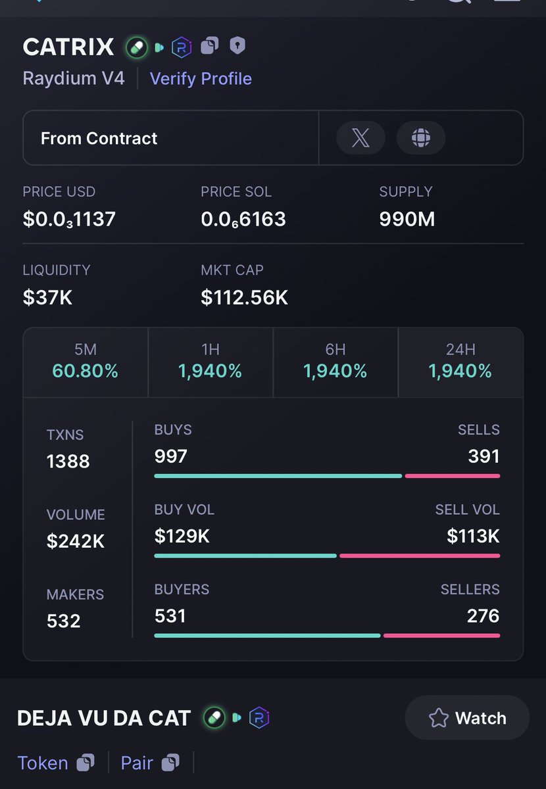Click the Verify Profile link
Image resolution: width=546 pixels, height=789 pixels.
tap(201, 79)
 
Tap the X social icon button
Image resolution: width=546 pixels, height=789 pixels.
tap(360, 138)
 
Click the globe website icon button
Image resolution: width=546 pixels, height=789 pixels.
tap(421, 138)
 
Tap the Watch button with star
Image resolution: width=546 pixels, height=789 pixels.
tap(467, 718)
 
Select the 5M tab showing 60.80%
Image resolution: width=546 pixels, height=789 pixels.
tap(86, 362)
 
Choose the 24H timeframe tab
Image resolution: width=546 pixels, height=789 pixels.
tap(460, 362)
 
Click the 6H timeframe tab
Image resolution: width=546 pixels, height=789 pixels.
tap(335, 362)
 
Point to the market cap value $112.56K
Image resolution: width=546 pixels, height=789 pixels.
tap(244, 297)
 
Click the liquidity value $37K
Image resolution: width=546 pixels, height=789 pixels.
tap(47, 297)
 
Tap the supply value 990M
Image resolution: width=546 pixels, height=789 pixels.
tap(407, 219)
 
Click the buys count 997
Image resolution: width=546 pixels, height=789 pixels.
tap(171, 456)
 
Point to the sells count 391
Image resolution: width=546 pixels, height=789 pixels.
tap(484, 456)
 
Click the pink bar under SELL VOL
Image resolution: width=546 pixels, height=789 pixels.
tap(420, 556)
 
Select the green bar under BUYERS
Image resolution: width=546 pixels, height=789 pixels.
tap(266, 635)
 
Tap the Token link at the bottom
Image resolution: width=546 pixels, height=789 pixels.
tap(43, 763)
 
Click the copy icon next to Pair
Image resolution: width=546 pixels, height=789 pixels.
tap(170, 763)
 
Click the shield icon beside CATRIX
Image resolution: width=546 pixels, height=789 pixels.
tap(237, 46)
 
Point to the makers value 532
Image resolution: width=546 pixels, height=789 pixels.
tap(64, 621)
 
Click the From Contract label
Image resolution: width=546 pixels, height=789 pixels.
tap(99, 138)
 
